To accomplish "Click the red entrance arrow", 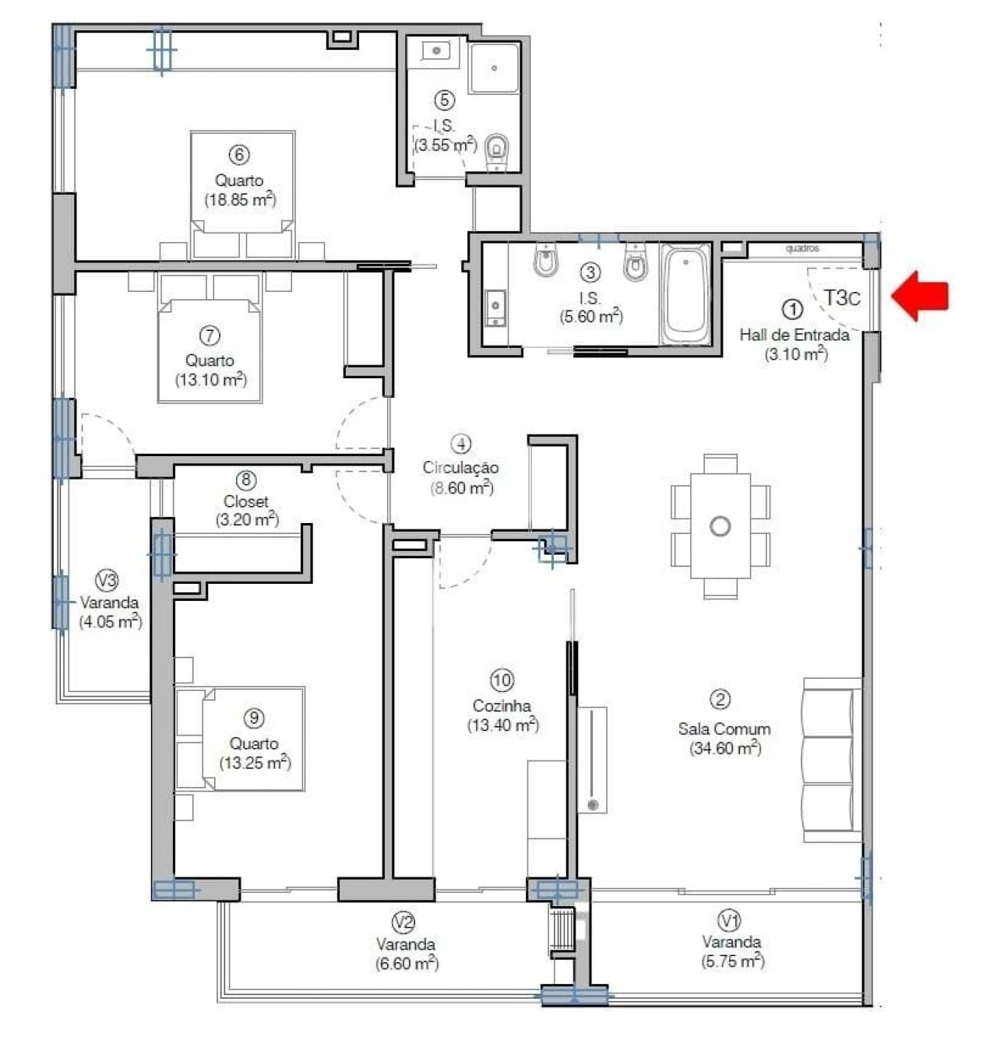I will click(x=921, y=296).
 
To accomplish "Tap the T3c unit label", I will click(x=842, y=297).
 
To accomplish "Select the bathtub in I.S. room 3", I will click(x=685, y=294).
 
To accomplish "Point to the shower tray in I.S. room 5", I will click(x=494, y=69).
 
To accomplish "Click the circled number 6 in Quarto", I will click(x=239, y=154).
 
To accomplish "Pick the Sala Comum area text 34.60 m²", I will click(x=724, y=749).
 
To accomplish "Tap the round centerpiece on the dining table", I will click(x=720, y=526).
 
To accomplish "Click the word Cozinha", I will click(x=502, y=706).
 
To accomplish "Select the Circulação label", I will click(x=460, y=468).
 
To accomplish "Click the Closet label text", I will click(x=246, y=501).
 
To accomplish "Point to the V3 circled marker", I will click(x=107, y=580).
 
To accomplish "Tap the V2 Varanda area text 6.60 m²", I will click(x=406, y=964).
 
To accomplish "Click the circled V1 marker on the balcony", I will click(x=729, y=922).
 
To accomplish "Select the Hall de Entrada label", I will click(x=794, y=336).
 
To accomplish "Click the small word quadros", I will click(x=802, y=249).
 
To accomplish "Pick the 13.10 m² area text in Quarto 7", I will click(x=210, y=380).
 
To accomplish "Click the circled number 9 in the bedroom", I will click(x=254, y=717).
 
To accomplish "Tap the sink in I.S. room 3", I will click(x=495, y=307).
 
